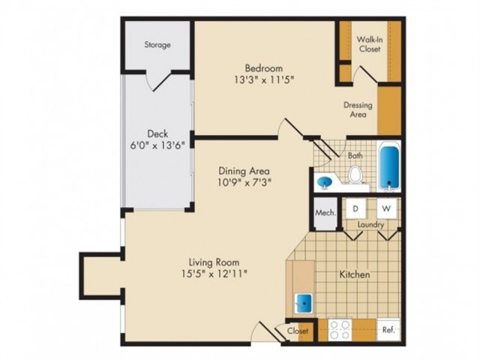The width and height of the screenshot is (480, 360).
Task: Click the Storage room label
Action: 157,45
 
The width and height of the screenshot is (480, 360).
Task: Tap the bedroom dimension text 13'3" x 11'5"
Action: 264,80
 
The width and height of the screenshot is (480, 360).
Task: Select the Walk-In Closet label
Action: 370,44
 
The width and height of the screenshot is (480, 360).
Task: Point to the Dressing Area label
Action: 358,109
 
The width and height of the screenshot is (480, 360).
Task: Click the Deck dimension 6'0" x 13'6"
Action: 157,145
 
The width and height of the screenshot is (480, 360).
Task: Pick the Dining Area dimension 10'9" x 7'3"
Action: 244,182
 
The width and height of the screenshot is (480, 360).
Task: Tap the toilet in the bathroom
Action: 355,175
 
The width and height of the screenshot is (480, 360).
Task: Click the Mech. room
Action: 325,213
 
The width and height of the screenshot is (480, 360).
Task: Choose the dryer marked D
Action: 355,208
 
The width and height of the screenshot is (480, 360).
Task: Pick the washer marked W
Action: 387,208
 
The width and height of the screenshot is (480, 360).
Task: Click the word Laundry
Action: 370,225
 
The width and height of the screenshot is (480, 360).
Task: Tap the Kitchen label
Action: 355,274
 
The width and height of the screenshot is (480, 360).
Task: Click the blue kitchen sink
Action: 304,303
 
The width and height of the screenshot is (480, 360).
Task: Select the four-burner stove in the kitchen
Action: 340,330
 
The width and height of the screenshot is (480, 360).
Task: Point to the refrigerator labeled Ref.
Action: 388,330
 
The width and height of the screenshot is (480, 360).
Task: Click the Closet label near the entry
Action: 297,331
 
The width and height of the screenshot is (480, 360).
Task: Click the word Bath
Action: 355,155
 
